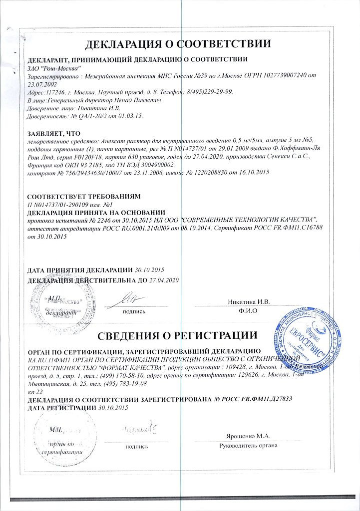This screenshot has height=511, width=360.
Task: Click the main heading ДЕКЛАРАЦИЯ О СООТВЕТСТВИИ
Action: (x=178, y=43)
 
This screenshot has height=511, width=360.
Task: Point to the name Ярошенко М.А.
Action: (x=248, y=436)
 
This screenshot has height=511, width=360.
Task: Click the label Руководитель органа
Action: (x=248, y=446)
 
